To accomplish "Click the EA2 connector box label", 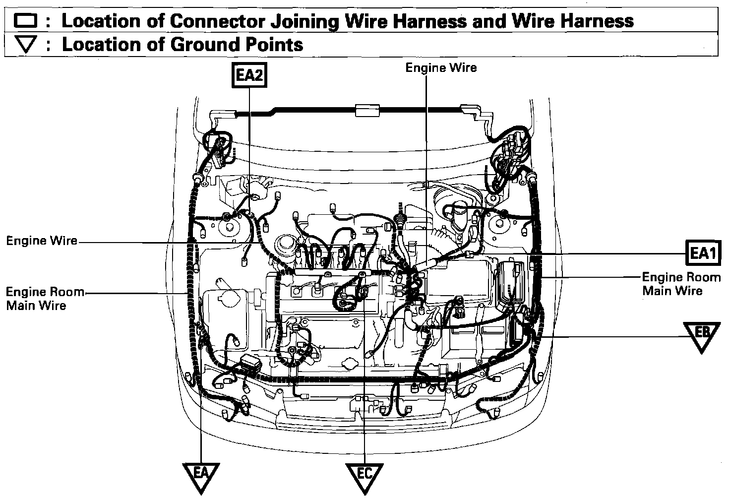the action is click(x=249, y=76).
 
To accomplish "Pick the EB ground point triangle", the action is click(x=701, y=333).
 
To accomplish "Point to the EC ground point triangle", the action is click(x=365, y=475).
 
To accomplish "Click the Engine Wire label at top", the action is click(x=441, y=67).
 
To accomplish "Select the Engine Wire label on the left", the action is click(x=42, y=241).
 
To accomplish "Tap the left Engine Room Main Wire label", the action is click(x=45, y=298).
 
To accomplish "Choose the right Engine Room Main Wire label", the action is click(x=681, y=284).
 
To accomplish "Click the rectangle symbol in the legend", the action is click(x=25, y=21).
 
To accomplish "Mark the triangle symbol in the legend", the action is click(x=25, y=45).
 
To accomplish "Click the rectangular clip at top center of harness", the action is click(x=367, y=110).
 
